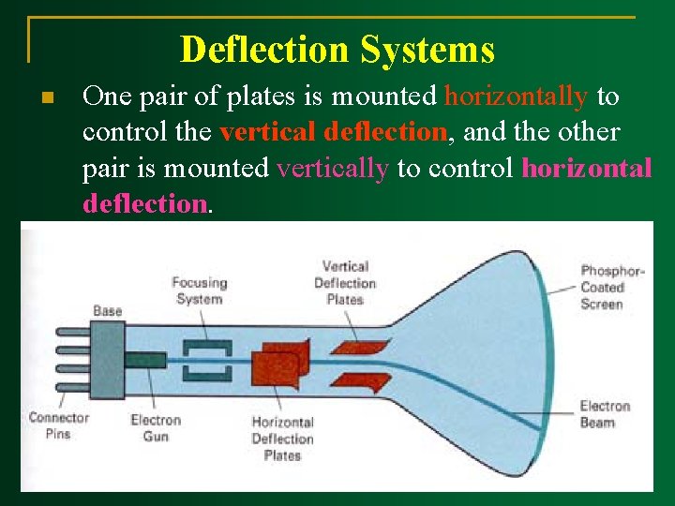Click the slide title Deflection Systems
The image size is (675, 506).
(337, 49)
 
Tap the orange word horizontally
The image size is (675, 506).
(517, 96)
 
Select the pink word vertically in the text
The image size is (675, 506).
(333, 169)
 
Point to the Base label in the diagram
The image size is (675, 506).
(107, 310)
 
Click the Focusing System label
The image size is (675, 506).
(199, 290)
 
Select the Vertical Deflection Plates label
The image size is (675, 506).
(344, 283)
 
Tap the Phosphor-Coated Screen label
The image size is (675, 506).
(611, 287)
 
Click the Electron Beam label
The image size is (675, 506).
(605, 414)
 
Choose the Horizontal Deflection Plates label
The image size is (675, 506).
(282, 439)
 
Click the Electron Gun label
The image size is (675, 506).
(156, 428)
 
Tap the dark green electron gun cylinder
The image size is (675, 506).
(145, 360)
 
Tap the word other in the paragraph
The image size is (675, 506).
(588, 132)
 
